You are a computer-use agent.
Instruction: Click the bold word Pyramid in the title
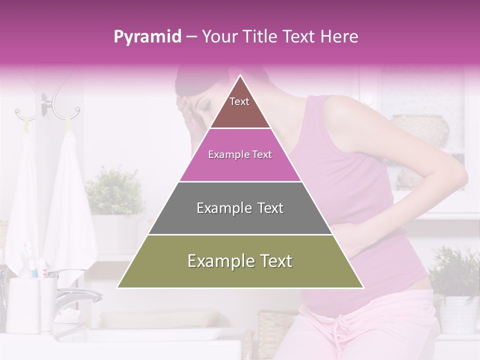pos(147,36)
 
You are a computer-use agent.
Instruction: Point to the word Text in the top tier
pos(239,101)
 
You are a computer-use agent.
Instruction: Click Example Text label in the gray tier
pos(240,208)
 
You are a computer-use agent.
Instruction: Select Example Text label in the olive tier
pos(240,261)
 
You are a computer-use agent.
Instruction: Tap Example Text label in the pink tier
pos(240,155)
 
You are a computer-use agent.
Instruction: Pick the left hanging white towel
pos(22,200)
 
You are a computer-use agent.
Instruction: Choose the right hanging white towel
pos(70,200)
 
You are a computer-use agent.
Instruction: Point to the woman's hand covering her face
pos(187,112)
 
